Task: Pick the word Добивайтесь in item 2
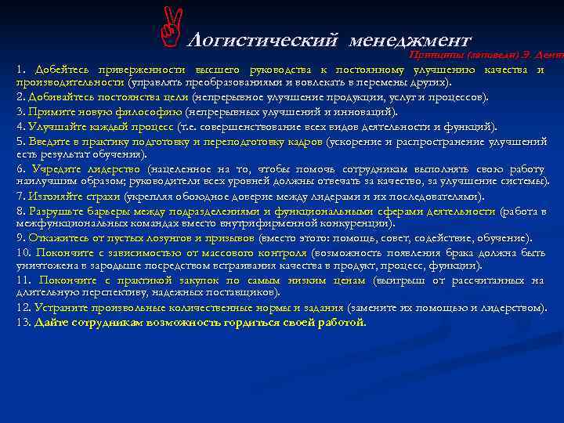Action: [62, 97]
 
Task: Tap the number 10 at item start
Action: [23, 252]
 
